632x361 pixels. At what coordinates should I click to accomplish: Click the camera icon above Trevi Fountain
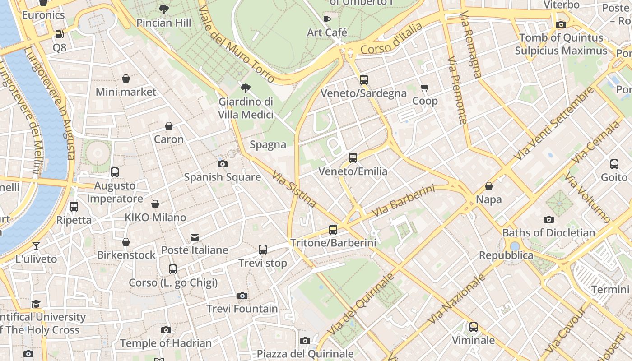[x=242, y=296]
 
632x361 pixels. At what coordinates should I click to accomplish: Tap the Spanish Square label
[x=222, y=177]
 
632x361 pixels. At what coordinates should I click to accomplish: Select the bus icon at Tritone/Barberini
[x=333, y=230]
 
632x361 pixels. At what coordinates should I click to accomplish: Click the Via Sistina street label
[x=294, y=189]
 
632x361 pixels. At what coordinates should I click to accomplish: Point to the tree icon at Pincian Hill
[x=164, y=9]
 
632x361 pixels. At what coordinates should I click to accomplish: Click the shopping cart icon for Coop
[x=425, y=88]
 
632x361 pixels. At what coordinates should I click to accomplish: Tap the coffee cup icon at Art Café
[x=327, y=19]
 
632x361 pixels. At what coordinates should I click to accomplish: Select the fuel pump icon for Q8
[x=59, y=34]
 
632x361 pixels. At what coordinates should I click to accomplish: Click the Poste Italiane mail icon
[x=195, y=237]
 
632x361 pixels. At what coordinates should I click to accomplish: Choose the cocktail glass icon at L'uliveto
[x=36, y=246]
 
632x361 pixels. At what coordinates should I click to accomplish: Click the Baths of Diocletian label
[x=548, y=233]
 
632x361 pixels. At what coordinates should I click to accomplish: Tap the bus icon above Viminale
[x=474, y=327]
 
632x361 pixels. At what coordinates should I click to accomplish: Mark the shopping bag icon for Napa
[x=489, y=186]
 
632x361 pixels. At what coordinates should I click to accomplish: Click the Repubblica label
[x=506, y=255]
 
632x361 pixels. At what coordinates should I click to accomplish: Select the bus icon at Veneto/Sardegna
[x=364, y=80]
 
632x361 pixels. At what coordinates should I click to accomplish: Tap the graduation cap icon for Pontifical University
[x=36, y=304]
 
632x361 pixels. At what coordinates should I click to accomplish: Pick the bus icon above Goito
[x=614, y=164]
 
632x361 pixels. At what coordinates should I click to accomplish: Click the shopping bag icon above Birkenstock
[x=126, y=242]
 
